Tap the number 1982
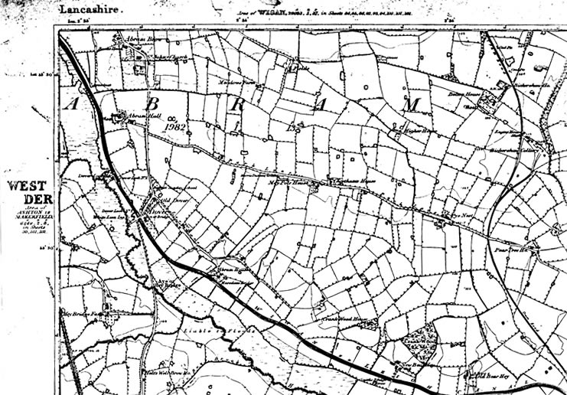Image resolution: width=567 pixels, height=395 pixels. click(176, 126)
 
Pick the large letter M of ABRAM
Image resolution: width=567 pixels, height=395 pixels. click(414, 103)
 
